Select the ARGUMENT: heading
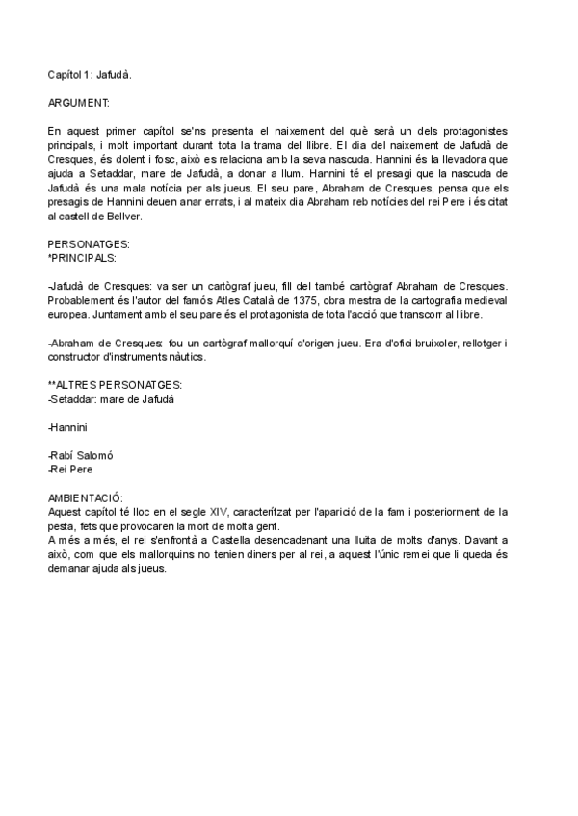click(x=78, y=101)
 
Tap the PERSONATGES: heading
click(x=89, y=245)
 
